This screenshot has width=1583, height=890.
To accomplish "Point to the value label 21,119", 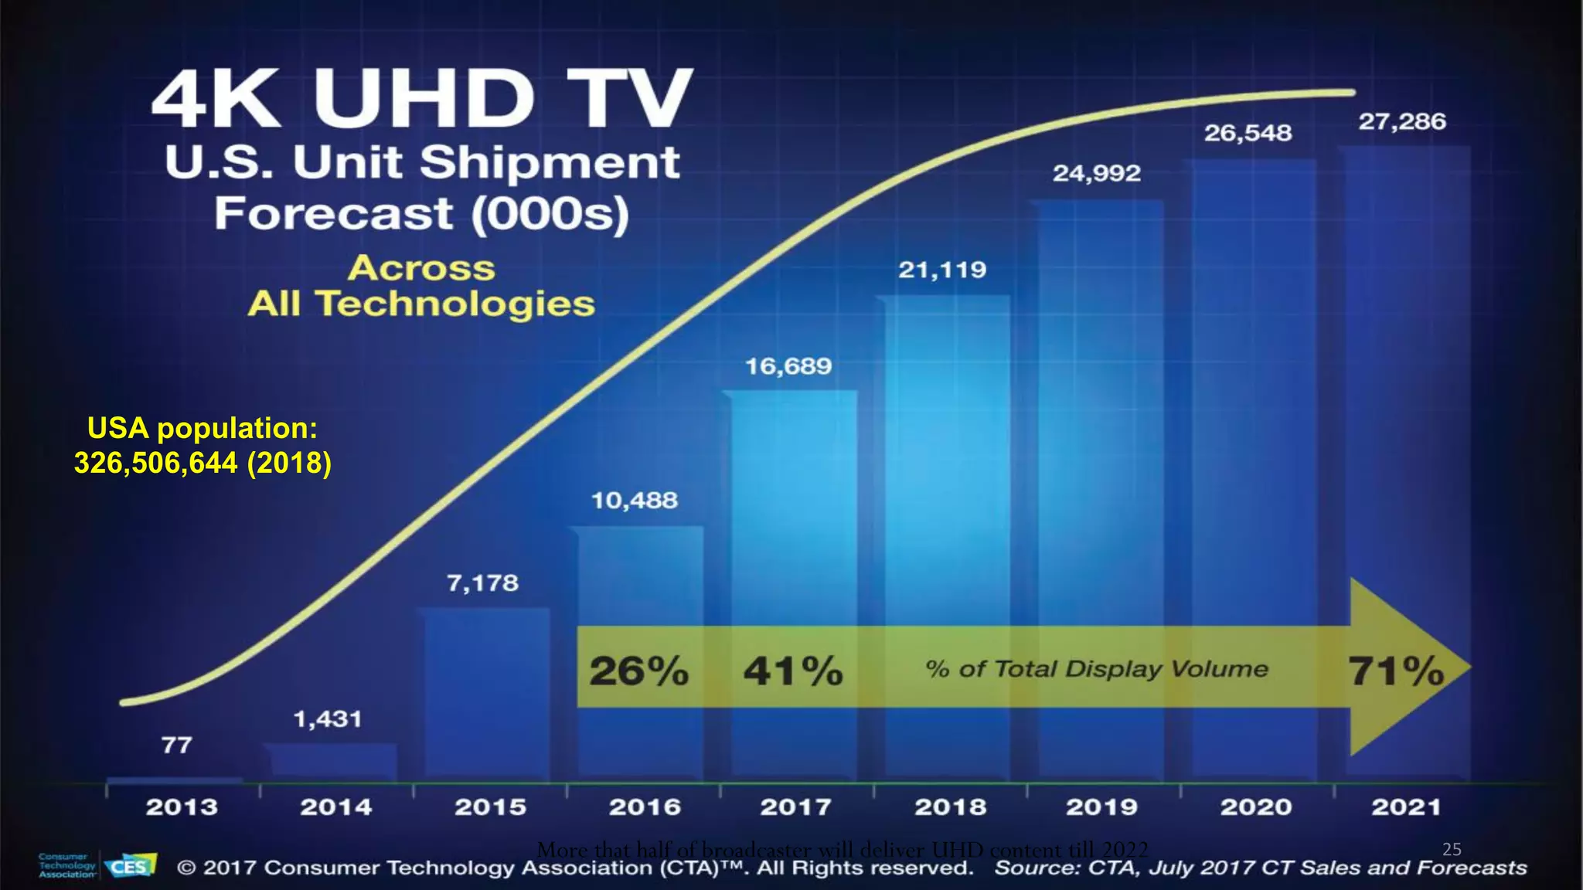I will coord(942,270).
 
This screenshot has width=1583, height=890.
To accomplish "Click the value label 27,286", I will coord(1402,122).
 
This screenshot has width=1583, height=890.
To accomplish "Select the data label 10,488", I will coord(635,501).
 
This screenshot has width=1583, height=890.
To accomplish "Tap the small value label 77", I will coord(176,746).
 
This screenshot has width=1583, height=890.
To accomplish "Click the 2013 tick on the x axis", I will coord(182,807).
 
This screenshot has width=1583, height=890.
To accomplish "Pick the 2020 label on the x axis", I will coord(1256,807).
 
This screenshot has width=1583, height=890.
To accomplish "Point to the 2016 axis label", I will coord(645,807).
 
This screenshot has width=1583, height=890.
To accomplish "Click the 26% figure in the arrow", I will coord(638,670).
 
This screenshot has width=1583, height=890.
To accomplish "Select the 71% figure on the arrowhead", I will coord(1396,670).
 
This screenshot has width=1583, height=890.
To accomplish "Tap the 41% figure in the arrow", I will coord(793,670).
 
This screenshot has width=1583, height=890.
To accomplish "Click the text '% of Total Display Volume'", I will coord(1097,668).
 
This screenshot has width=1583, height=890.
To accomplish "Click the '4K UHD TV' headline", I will coord(422,98).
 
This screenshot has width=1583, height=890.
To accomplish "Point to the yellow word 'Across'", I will coord(421,268).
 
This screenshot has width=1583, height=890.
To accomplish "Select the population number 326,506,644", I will coord(155,463).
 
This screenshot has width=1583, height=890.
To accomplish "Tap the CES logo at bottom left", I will coord(130,866).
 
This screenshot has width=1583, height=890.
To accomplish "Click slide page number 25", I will coord(1452,849).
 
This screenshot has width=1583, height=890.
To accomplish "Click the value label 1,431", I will coord(327,719).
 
